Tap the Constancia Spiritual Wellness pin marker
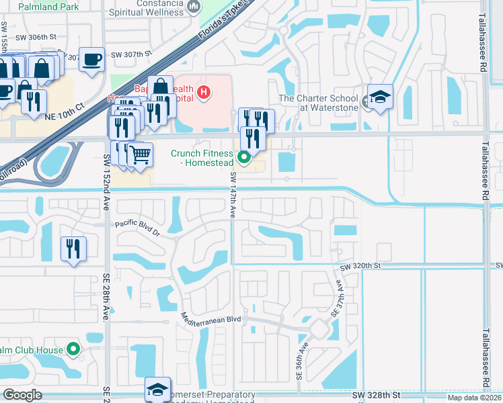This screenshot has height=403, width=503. (194, 7)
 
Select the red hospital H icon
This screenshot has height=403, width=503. (204, 92)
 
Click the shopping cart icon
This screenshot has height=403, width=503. (139, 154)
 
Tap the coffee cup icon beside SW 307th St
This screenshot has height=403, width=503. (91, 58)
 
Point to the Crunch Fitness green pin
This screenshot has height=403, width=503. (245, 159)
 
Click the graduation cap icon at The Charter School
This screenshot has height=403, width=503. (380, 97)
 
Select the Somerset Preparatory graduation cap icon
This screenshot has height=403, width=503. (157, 389)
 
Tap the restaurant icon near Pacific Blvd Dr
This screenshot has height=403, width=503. (73, 249)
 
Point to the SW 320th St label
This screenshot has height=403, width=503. (360, 267)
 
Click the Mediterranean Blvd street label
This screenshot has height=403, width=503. (210, 318)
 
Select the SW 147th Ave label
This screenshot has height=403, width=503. (233, 195)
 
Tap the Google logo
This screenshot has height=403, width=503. (22, 395)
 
